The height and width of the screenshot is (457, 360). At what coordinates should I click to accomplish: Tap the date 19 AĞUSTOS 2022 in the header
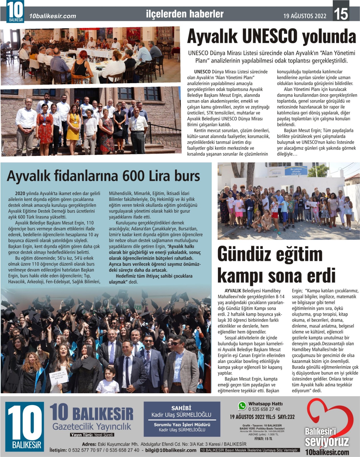[x=305, y=16]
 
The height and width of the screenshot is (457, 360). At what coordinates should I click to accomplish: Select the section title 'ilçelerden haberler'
[x=185, y=14]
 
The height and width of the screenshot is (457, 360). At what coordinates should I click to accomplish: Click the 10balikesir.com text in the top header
[x=53, y=16]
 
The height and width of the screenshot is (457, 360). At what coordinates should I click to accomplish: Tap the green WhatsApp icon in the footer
[x=242, y=406]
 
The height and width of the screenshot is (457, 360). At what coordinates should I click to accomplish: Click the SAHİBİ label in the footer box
[x=181, y=408]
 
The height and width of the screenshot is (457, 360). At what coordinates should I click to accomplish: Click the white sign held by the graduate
[x=59, y=377]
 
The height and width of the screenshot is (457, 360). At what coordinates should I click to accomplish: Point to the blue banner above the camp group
[x=296, y=171]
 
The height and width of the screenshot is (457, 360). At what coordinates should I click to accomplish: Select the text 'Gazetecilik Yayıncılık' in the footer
[x=91, y=427]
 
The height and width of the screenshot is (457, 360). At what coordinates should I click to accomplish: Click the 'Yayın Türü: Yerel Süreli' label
[x=92, y=435]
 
